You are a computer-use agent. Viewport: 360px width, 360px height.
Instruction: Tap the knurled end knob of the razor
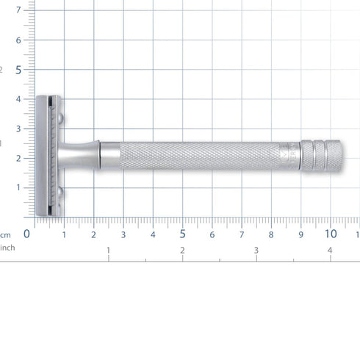322,156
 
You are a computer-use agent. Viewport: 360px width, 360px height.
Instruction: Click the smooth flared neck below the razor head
88,156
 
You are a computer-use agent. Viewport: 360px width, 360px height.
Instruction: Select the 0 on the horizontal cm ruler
27,234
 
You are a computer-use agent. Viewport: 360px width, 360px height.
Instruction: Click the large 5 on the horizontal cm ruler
182,234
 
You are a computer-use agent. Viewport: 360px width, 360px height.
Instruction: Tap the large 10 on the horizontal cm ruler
331,234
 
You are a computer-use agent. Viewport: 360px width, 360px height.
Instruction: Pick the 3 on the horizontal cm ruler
123,235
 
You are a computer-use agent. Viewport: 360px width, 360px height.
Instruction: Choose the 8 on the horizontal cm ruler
271,235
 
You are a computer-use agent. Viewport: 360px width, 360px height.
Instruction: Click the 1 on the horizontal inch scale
109,251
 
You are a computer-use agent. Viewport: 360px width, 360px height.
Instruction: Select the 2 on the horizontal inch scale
182,251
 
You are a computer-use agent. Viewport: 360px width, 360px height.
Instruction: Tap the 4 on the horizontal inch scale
330,251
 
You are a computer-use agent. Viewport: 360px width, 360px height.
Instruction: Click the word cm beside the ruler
5,235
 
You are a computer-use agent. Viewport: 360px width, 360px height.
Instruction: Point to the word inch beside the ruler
7,248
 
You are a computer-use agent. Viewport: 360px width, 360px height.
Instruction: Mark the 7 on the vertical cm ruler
19,10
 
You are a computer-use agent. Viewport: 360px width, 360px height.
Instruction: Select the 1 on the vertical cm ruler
19,187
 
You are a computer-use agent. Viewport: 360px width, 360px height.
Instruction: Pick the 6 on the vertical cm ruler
19,40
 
